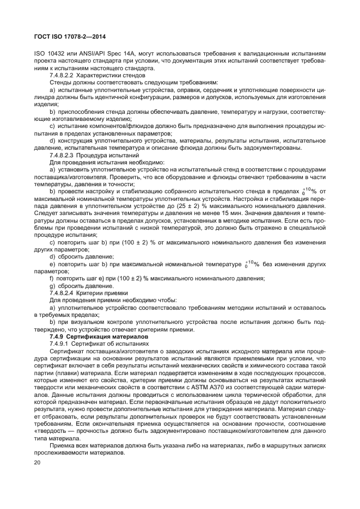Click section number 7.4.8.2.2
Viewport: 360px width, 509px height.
pyautogui.click(x=64, y=75)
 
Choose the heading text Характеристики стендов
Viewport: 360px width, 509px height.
pyautogui.click(x=113, y=75)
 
